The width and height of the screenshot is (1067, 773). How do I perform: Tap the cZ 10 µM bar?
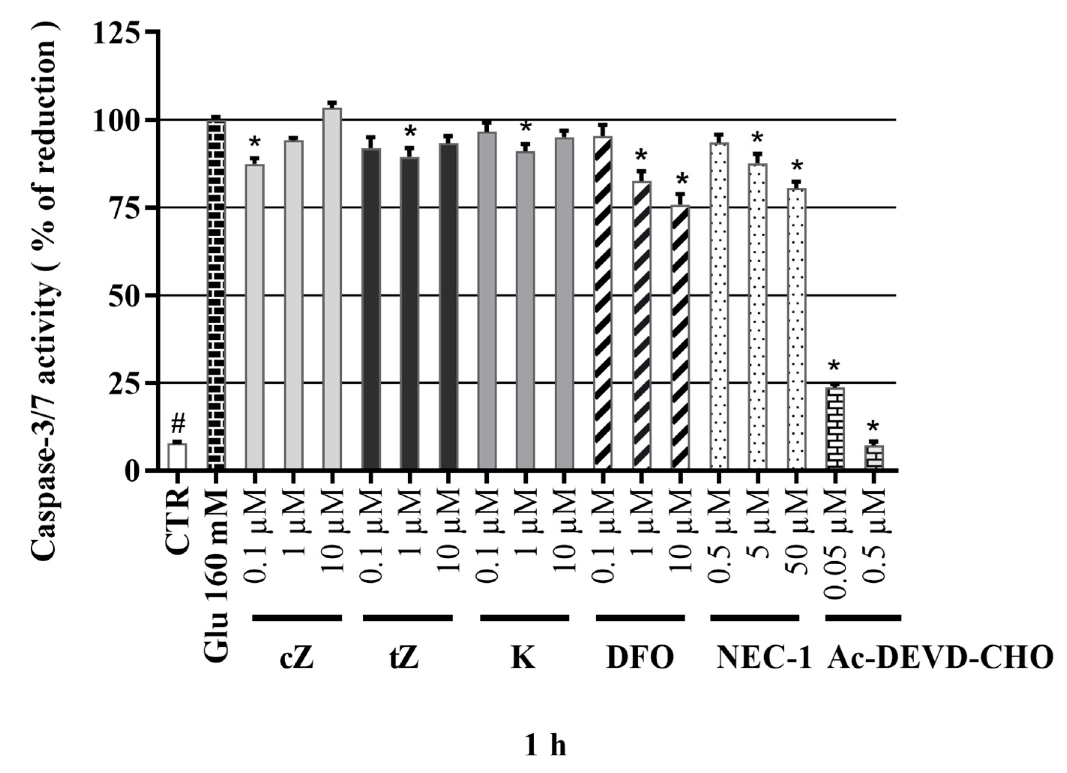332,289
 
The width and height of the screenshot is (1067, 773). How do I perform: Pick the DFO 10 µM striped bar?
679,338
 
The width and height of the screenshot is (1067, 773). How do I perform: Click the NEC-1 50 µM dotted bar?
796,329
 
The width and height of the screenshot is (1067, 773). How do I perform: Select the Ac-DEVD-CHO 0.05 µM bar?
835,429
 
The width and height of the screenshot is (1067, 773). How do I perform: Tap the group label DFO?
640,658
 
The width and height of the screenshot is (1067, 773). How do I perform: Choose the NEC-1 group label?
765,658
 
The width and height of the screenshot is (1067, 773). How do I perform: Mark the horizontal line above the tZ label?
407,618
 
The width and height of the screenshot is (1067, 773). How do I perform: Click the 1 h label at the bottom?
545,734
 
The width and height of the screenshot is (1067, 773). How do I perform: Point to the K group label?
523,658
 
